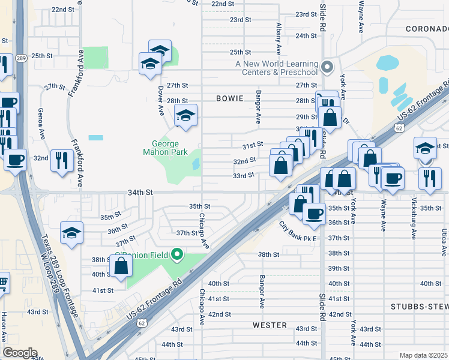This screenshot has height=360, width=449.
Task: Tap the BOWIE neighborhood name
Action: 231,98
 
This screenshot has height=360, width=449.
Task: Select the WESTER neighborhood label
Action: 270,325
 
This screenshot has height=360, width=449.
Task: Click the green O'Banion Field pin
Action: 176,255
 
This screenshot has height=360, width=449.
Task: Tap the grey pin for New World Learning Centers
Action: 327,67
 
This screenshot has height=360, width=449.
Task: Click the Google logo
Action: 20,353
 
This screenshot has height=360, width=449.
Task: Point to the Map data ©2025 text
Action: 423,355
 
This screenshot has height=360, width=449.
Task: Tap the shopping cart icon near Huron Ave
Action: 3,281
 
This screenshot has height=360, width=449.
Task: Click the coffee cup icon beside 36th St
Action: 313,213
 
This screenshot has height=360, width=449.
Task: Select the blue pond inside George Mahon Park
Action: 196,163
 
